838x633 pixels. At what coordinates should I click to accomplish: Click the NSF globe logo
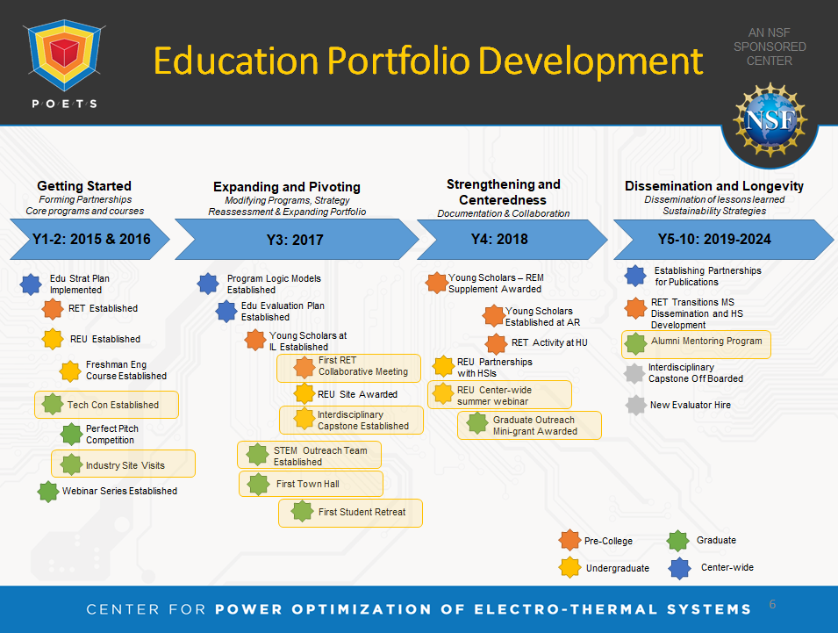point(770,120)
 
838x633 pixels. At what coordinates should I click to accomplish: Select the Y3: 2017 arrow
point(297,240)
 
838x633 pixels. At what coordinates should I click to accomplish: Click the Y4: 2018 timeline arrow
point(512,240)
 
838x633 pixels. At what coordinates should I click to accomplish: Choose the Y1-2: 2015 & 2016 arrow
point(90,239)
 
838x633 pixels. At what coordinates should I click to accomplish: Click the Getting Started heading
point(84,186)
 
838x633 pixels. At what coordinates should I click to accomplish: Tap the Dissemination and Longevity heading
point(714,186)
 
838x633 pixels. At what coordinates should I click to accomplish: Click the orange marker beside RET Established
point(53,308)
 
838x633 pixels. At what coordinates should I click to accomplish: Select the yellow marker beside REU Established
point(53,339)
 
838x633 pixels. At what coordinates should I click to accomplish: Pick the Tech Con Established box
point(106,405)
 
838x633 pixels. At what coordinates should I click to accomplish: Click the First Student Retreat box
point(351,514)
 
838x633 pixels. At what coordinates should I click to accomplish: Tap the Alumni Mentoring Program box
point(696,344)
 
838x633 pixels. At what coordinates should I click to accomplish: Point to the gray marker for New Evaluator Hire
point(636,406)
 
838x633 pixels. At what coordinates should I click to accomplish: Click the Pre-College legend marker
point(569,540)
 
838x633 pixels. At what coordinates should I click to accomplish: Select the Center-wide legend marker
point(680,568)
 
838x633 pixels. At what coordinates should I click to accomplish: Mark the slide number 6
point(772,604)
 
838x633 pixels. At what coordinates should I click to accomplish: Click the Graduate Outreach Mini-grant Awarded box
point(529,426)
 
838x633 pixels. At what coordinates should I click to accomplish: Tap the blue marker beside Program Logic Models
point(208,284)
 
